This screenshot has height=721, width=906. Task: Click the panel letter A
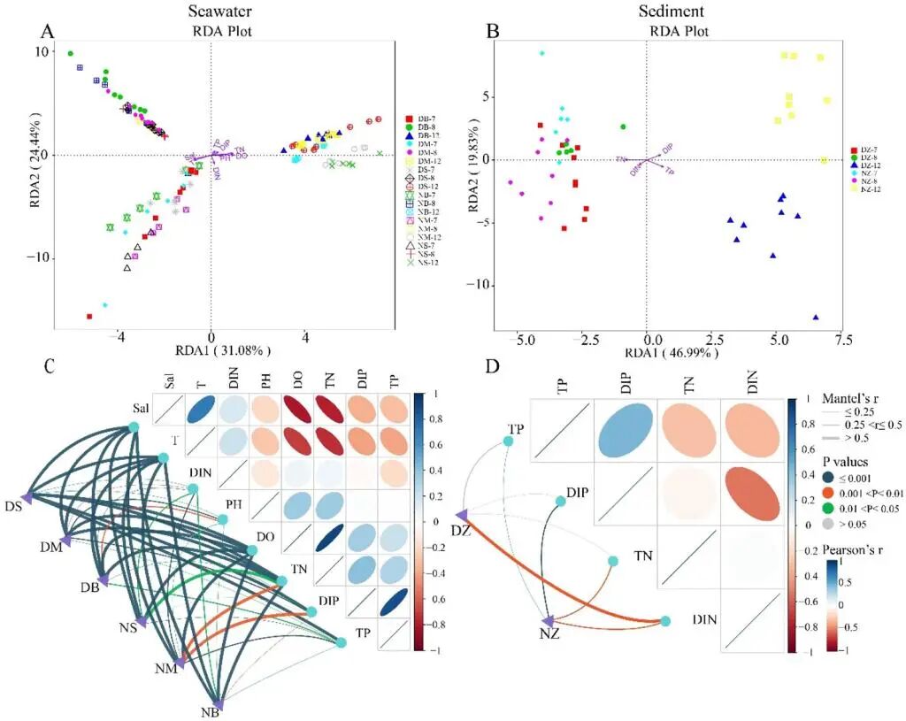[50, 32]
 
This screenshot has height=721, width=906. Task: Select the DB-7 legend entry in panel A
[426, 119]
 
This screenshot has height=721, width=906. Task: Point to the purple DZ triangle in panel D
[461, 515]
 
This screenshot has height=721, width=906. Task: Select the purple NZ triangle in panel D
[549, 621]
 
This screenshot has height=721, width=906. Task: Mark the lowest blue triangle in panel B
[815, 317]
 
